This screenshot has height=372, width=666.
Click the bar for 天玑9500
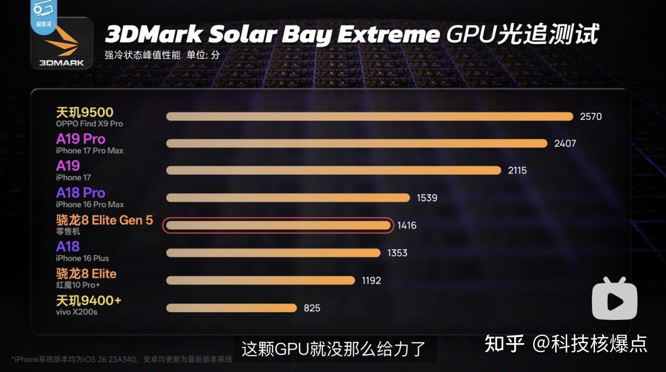coord(369,116)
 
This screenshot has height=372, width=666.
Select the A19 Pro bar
coord(357,143)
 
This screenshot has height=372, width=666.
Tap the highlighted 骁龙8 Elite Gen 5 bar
coord(278,226)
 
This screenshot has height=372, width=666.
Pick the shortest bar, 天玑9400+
coord(232,308)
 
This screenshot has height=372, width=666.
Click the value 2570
coord(590,116)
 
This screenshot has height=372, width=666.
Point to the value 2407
coord(565,143)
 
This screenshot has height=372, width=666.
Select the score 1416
coord(407,226)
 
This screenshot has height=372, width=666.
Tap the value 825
coord(312,308)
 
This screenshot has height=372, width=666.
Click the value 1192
coord(371,281)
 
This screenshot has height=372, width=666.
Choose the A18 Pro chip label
coord(80,193)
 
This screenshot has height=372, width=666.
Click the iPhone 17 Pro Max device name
coord(89,151)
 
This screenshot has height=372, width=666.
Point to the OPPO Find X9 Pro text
coord(89,124)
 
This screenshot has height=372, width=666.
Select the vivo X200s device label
coord(77,312)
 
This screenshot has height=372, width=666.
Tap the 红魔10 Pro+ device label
coord(78,285)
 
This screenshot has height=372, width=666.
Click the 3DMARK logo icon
coord(61,44)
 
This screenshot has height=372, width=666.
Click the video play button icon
coord(615,300)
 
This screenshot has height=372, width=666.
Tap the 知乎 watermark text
coord(504,344)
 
